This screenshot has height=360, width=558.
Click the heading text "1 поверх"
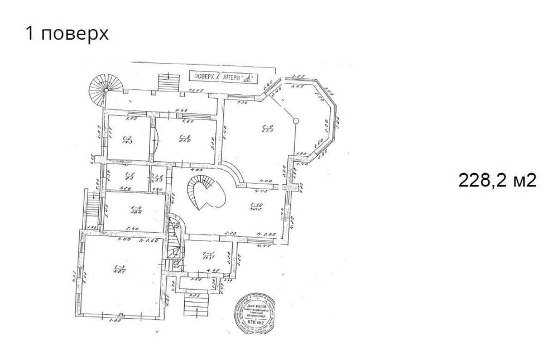pyautogui.click(x=66, y=33)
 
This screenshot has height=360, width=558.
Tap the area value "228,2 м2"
pyautogui.click(x=497, y=180)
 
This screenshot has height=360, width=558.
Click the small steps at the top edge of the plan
pyautogui.click(x=167, y=83)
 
